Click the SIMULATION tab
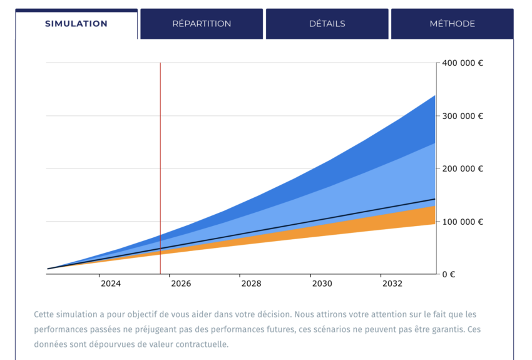pos(76,24)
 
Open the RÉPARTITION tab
pos(202,24)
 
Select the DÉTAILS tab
pos(327,24)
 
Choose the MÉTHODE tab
pos(452,24)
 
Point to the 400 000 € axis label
pos(463,63)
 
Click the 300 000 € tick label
pos(463,116)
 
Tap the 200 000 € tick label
pos(463,168)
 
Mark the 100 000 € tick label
pos(463,222)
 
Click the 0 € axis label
pos(448,274)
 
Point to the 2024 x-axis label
pos(110,284)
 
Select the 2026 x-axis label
pos(181,284)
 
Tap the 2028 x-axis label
pos(252,284)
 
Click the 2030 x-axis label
pos(322,284)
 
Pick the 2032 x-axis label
pos(392,284)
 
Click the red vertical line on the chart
pos(160,157)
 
